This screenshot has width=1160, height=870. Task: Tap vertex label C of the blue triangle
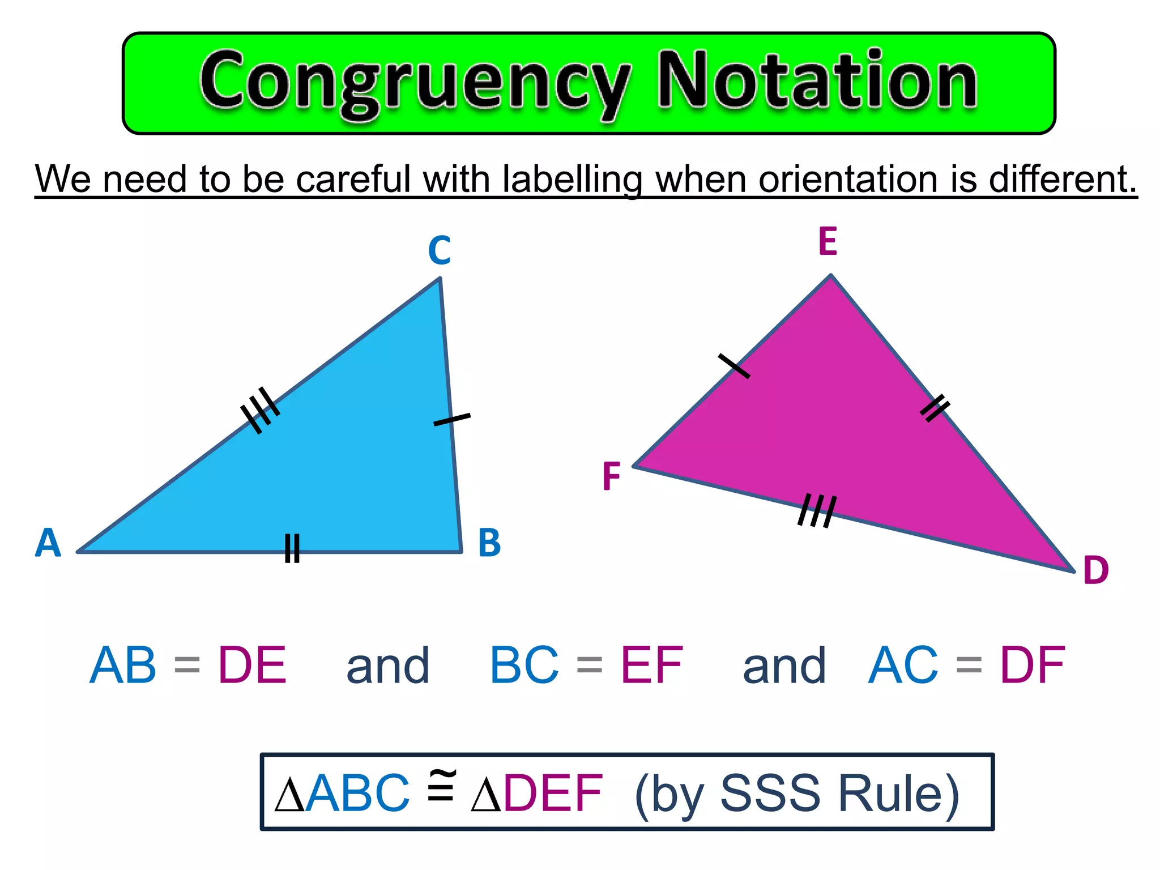point(440,250)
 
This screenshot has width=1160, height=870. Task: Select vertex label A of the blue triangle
point(48,543)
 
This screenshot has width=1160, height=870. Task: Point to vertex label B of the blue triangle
point(489,543)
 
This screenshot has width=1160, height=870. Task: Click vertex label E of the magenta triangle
point(828,242)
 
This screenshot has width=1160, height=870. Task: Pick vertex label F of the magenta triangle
point(611,476)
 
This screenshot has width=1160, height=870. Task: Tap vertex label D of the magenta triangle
point(1095,570)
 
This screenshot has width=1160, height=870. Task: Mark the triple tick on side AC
point(260,410)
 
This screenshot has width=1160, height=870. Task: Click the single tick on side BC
point(451,420)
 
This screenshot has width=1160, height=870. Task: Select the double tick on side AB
point(292,548)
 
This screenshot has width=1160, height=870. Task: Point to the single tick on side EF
point(734,366)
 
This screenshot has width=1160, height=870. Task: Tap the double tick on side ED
point(935,408)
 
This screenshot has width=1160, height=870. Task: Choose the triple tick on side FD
point(817,510)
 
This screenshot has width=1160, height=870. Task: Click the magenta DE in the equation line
point(253,665)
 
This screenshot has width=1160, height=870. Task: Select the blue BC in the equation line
point(524,665)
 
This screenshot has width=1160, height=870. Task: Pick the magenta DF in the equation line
point(1033,665)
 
